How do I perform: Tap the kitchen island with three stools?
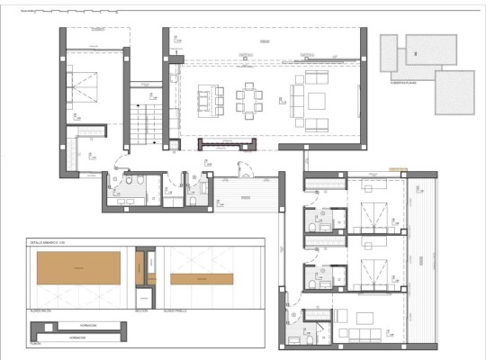click(208, 98)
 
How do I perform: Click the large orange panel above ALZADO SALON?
click(77, 267)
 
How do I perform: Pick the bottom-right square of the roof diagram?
click(454, 92)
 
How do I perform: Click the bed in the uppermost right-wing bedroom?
click(374, 217)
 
